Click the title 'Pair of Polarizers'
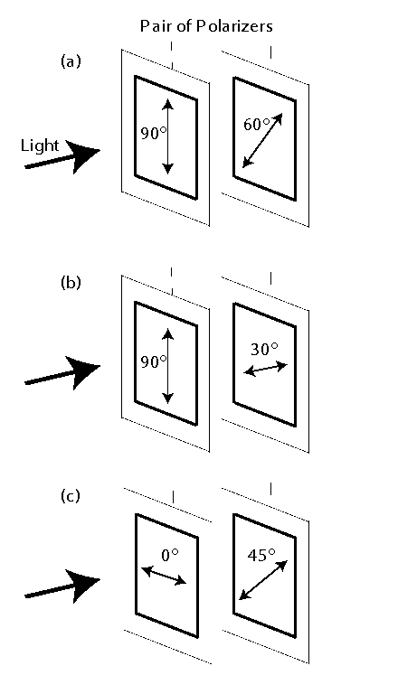point(206,26)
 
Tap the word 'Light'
point(40,145)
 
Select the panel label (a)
point(71,61)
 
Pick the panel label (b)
point(71,282)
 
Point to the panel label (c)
point(71,496)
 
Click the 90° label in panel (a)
point(153,134)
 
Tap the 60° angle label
point(259,125)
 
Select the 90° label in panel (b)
point(153,361)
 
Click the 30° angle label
point(265,349)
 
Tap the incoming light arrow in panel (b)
point(62,373)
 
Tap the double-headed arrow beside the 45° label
point(264,580)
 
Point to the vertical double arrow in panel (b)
point(168,364)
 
